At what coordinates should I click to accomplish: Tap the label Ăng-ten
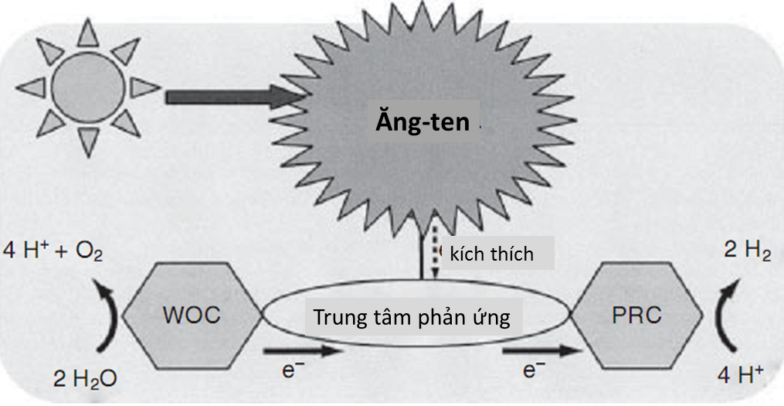coord(423,122)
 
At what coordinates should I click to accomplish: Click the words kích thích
coord(492,254)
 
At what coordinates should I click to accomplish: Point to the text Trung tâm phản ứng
coord(411,317)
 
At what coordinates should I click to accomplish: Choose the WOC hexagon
coord(192,315)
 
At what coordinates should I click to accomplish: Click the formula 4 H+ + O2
coord(53,252)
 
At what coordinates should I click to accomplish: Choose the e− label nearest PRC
coord(529,370)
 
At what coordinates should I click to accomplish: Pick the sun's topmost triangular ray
coord(89,31)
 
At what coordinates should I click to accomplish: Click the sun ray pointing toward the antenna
coord(144,87)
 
